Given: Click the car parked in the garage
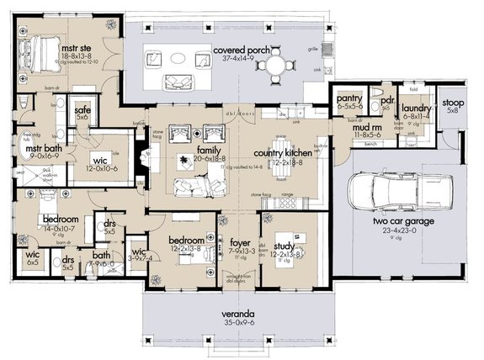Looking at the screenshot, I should click(391, 192).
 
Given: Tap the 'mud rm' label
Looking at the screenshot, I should click(366, 127).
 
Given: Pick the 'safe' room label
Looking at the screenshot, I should click(82, 109).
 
